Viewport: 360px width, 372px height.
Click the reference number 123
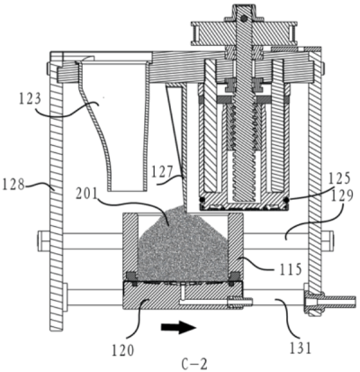click(x=30, y=99)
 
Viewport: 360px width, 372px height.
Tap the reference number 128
click(x=13, y=184)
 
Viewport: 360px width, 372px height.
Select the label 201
click(x=87, y=195)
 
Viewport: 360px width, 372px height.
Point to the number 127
click(x=162, y=172)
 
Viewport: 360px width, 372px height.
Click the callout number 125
click(x=339, y=179)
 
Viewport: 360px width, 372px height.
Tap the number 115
click(x=290, y=269)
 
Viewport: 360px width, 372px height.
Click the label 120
click(x=123, y=350)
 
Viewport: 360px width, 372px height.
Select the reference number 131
click(x=301, y=349)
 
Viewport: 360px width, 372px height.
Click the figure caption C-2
click(x=194, y=364)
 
